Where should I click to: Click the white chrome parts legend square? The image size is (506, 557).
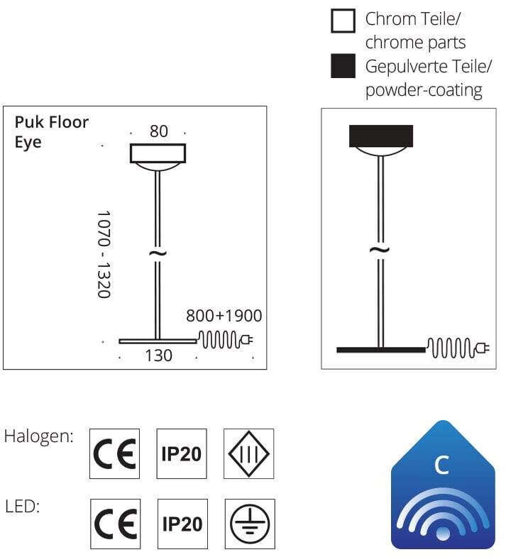tap(343, 22)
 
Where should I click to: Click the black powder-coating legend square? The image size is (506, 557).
tap(343, 67)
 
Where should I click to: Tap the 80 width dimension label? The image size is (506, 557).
tap(158, 131)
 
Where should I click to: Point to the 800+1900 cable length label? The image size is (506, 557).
tap(224, 316)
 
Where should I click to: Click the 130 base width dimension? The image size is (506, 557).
tap(158, 355)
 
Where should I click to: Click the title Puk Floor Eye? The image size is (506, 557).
tap(52, 132)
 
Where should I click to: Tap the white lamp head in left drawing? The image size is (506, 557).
tap(158, 153)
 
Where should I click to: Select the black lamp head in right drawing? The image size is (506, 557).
tap(381, 136)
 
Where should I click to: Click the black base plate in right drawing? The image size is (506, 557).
tap(380, 350)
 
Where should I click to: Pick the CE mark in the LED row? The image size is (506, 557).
tap(115, 524)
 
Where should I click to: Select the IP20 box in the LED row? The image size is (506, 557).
tap(182, 524)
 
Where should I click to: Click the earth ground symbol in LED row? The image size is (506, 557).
tap(249, 524)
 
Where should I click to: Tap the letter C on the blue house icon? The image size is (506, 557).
tap(441, 465)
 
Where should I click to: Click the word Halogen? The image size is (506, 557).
tap(39, 436)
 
